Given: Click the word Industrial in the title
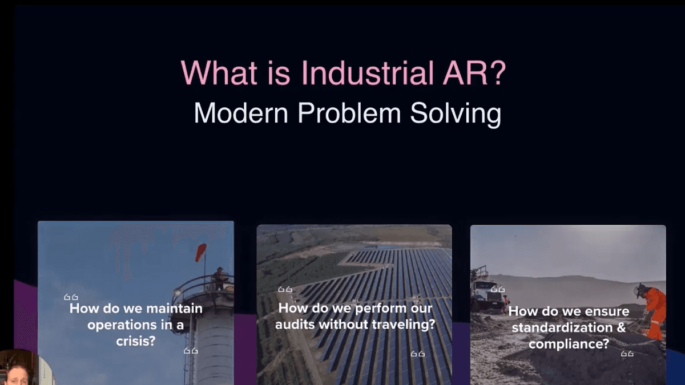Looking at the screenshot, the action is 367,73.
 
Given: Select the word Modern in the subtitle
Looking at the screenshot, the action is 241,113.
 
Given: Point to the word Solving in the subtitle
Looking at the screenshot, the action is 456,114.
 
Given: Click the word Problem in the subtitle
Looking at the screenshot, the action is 349,112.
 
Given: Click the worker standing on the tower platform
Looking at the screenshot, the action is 219,279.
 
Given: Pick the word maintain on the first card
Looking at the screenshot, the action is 174,309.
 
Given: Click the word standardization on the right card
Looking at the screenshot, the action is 562,328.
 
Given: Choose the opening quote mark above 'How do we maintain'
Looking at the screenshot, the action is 71,297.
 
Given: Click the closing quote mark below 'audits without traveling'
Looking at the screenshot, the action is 418,354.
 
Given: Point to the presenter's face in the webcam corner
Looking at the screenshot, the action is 17,376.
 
